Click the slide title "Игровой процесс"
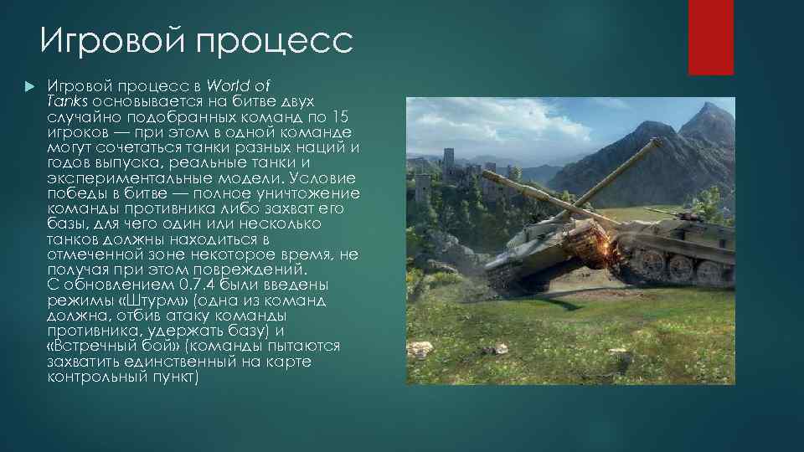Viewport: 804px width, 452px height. point(196,41)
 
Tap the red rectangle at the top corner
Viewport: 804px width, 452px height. point(710,37)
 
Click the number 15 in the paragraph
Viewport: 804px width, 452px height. point(343,116)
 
